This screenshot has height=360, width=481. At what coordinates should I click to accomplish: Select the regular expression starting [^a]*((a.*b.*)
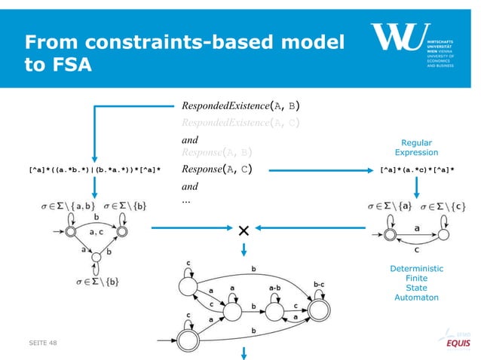(95, 169)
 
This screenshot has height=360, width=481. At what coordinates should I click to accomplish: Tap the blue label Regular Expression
(416, 146)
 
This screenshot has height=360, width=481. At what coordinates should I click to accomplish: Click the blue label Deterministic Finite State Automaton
(416, 282)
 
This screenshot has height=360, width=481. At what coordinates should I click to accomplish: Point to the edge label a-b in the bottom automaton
(275, 287)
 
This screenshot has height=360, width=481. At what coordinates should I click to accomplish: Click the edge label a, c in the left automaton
(96, 234)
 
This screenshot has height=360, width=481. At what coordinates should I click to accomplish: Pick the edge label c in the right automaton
(413, 250)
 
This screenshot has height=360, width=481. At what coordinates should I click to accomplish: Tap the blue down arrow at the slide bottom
(243, 352)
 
